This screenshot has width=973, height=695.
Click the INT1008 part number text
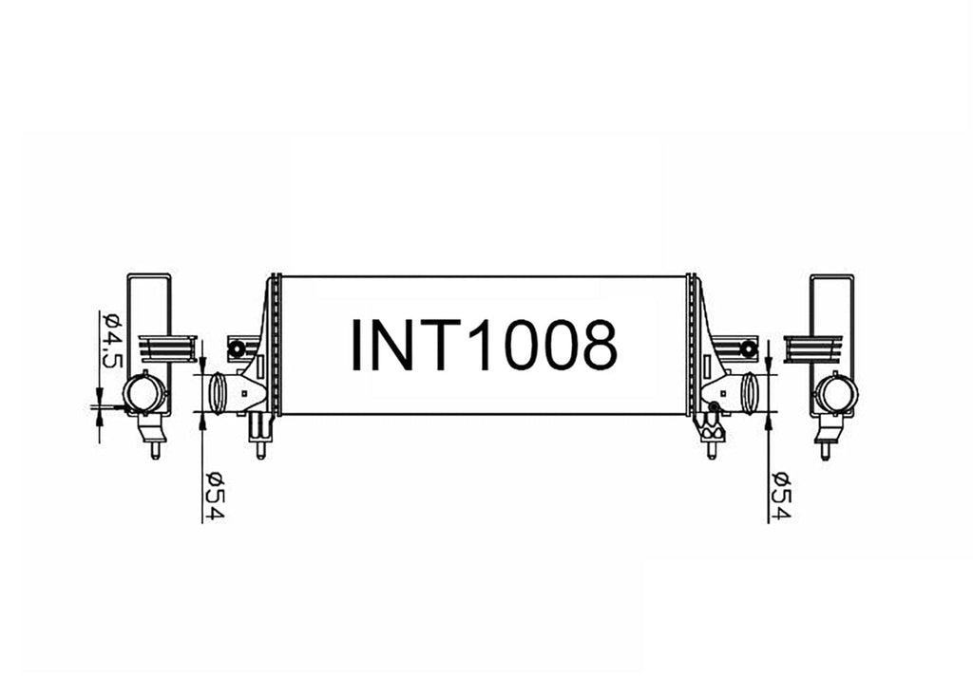pos(484,345)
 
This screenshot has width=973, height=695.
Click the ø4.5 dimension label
pos(110,339)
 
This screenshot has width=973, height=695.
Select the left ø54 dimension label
pos(214,496)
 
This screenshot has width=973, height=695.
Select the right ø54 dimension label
pos(781,496)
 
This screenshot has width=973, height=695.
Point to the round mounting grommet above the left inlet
pos(236,349)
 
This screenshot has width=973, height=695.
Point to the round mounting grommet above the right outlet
pos(749,349)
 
